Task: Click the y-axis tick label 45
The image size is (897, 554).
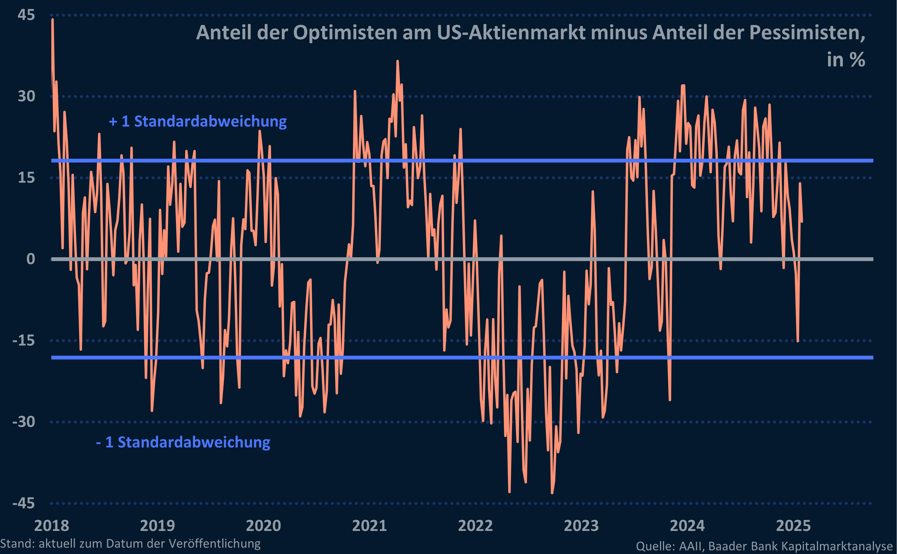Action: [x=26, y=15]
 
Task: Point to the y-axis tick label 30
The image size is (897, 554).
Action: [x=26, y=96]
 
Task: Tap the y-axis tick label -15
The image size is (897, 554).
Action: [x=23, y=340]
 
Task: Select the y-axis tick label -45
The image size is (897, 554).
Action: [x=23, y=503]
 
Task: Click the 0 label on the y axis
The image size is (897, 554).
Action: [x=31, y=259]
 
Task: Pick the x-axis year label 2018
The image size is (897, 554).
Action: [x=51, y=526]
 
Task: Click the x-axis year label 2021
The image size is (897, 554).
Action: [x=369, y=526]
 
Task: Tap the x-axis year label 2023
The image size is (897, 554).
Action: [x=581, y=526]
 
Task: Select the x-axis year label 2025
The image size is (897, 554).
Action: [x=793, y=526]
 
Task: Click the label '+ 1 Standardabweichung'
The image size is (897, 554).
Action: [x=198, y=121]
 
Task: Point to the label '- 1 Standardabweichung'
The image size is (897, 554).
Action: [x=183, y=442]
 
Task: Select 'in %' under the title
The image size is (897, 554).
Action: [x=846, y=59]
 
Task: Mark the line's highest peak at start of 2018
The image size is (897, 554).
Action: [x=53, y=20]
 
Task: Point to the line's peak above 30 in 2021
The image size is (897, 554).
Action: [x=397, y=61]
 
